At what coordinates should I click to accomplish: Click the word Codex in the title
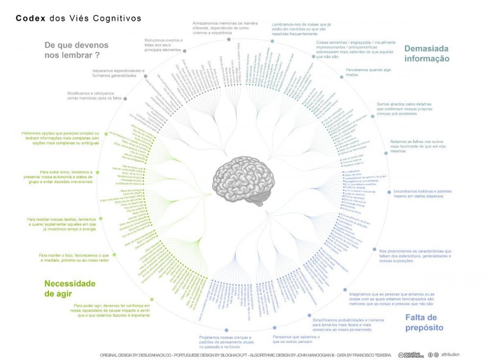pos(31,18)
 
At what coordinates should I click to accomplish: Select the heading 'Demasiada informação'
pos(426,53)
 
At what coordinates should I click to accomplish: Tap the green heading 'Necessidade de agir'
pos(70,288)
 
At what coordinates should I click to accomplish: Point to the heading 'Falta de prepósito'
pos(424,322)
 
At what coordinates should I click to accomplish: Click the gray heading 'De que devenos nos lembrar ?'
pos(76,50)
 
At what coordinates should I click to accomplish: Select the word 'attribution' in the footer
pos(450,354)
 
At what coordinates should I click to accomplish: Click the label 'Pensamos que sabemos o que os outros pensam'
pos(296,339)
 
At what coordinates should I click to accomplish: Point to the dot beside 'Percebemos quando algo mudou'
pos(342,76)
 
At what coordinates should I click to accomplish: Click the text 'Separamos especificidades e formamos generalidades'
pos(119,73)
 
